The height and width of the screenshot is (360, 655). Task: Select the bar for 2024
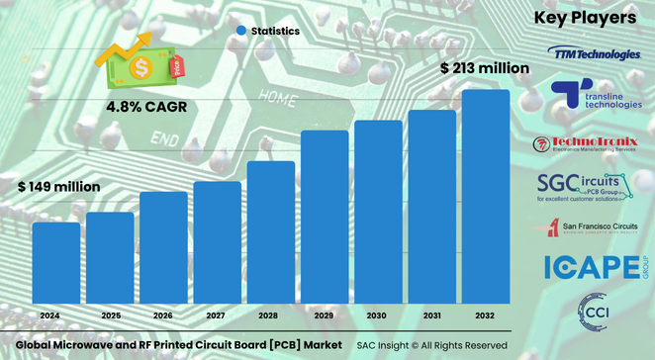click(56, 264)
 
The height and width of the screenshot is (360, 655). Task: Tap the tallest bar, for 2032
click(486, 198)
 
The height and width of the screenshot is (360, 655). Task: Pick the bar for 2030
click(379, 213)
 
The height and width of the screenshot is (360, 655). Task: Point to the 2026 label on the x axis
click(163, 315)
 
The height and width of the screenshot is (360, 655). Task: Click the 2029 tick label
click(325, 315)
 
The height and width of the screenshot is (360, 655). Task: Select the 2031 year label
click(432, 315)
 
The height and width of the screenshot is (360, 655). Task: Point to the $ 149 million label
click(58, 186)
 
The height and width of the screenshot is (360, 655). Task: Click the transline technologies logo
click(598, 95)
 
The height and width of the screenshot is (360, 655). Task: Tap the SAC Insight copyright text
click(432, 344)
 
